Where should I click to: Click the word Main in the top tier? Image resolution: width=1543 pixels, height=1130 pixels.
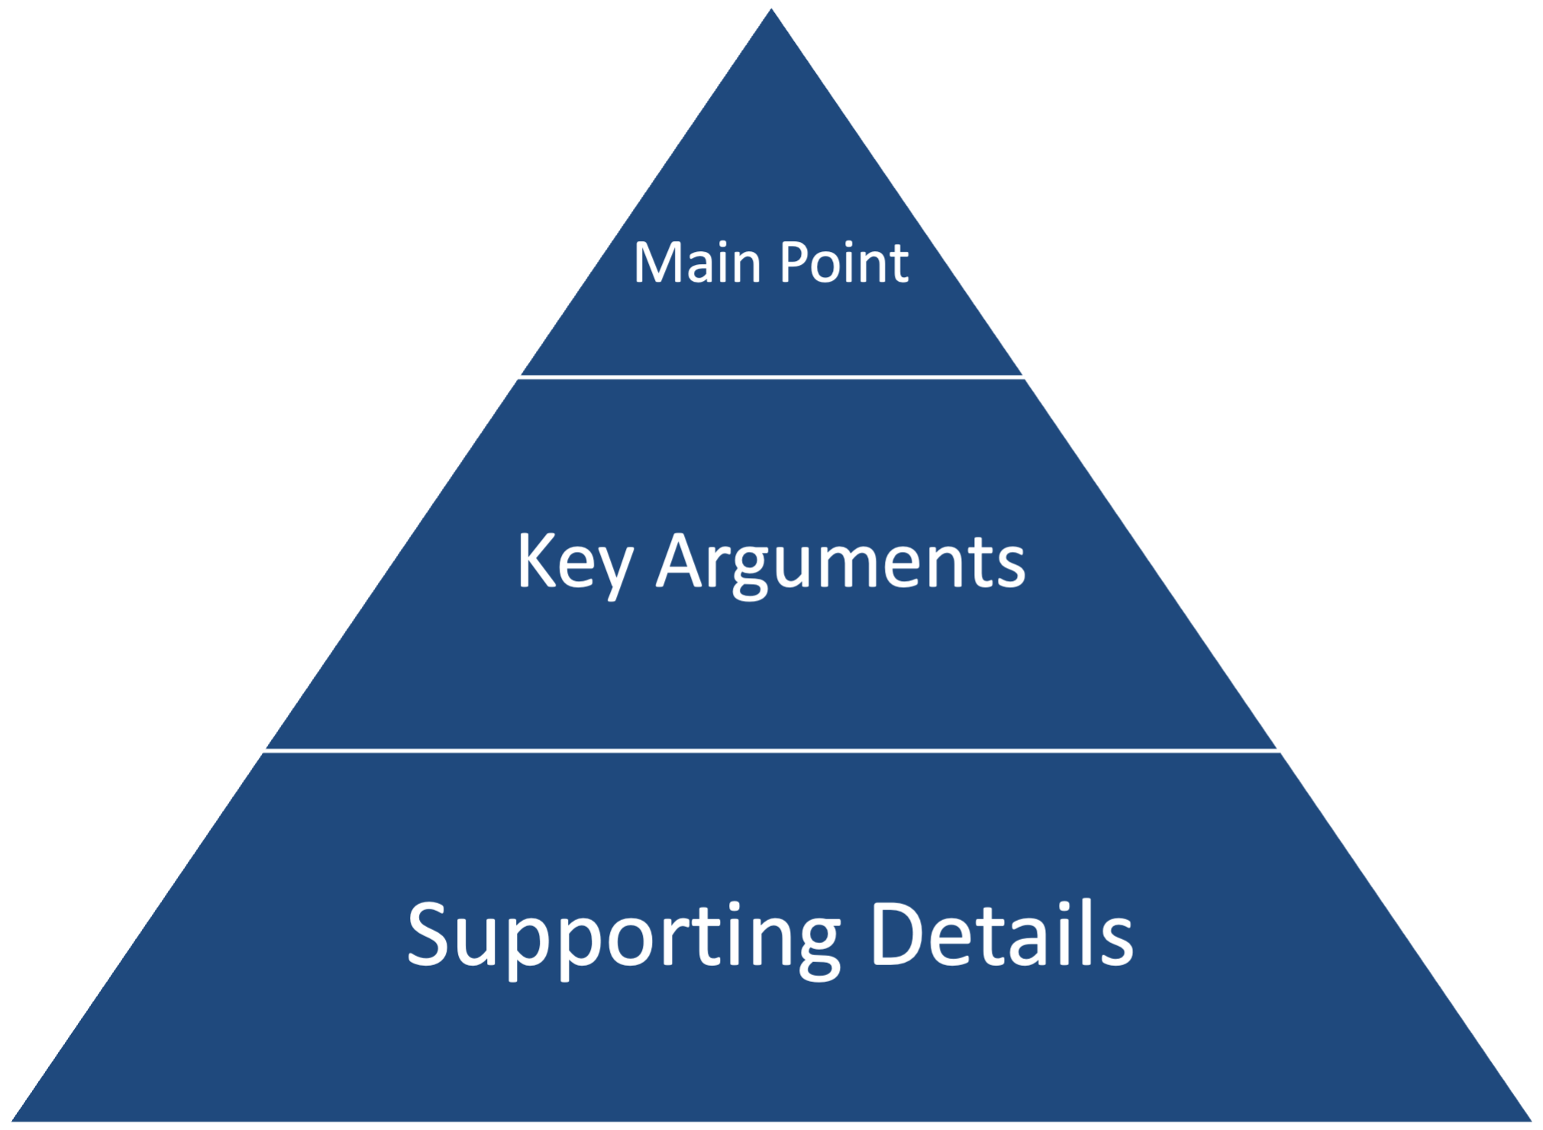click(697, 263)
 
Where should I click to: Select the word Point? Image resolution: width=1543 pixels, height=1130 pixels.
click(844, 263)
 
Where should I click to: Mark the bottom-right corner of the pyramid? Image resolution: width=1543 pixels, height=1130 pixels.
click(1535, 1122)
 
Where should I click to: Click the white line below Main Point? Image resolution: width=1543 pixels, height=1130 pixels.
click(771, 376)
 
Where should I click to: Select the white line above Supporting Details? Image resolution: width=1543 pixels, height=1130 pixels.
click(771, 751)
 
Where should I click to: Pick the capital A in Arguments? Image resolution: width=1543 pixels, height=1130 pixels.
click(681, 561)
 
